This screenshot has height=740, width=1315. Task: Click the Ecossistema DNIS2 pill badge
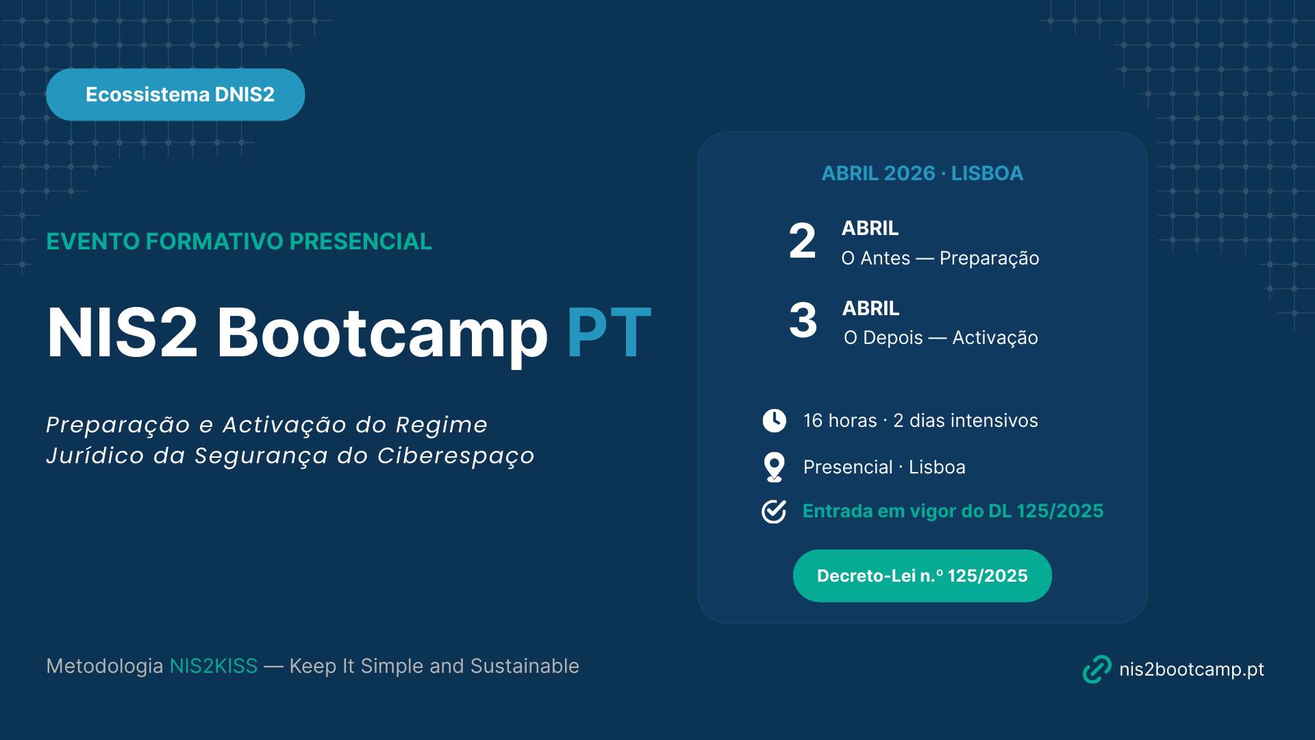tap(175, 95)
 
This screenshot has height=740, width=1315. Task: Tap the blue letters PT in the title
tap(609, 333)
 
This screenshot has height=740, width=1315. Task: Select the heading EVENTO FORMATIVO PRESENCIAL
tap(239, 241)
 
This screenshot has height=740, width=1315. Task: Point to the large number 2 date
tap(802, 241)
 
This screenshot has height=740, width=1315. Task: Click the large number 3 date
tap(803, 320)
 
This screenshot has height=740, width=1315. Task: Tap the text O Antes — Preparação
tap(940, 258)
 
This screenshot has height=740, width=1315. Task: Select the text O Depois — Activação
tap(941, 338)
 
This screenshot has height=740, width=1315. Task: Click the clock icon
tap(775, 421)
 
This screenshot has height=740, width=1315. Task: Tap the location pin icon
tap(775, 467)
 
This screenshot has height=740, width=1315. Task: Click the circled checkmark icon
tap(774, 511)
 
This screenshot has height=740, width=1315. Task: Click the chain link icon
tap(1097, 669)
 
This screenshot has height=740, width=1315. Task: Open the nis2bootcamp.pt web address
tap(1192, 669)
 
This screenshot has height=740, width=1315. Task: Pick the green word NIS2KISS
tap(214, 666)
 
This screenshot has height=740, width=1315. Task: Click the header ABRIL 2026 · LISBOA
tap(923, 173)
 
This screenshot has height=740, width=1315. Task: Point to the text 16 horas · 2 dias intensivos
tap(920, 421)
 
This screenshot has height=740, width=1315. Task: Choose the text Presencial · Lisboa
tap(884, 467)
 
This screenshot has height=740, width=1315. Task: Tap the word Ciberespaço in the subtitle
tap(456, 456)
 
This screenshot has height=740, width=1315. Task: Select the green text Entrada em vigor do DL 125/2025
tap(953, 511)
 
